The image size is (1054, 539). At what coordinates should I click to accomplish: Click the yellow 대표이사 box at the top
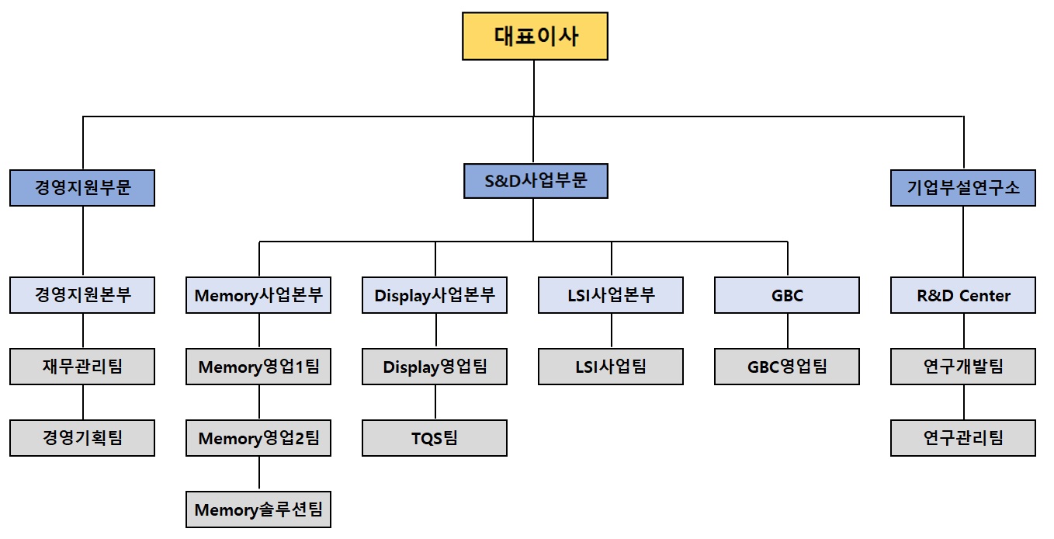click(x=535, y=37)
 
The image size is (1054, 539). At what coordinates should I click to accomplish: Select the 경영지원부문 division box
click(x=82, y=188)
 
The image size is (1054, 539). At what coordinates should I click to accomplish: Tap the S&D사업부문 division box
click(x=535, y=181)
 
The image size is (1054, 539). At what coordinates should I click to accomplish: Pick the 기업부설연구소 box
click(x=962, y=188)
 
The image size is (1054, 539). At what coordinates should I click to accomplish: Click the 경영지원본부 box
click(x=82, y=295)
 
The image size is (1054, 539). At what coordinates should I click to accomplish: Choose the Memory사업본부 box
click(x=258, y=295)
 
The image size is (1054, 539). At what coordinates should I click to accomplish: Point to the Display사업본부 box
click(x=435, y=295)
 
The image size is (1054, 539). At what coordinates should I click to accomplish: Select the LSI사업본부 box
click(x=611, y=295)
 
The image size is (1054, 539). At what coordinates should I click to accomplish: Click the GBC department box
click(x=787, y=295)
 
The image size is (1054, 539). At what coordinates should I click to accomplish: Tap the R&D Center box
click(x=962, y=295)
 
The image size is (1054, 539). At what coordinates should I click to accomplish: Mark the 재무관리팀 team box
click(x=82, y=367)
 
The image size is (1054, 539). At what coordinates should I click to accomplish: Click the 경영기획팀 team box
click(x=82, y=438)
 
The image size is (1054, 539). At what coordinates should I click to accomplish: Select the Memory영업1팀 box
click(x=258, y=367)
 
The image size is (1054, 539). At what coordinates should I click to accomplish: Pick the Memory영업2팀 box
click(x=258, y=438)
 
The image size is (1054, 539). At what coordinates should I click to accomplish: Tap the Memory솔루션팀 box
click(x=258, y=509)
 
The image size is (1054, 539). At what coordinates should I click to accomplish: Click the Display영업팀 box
click(x=435, y=367)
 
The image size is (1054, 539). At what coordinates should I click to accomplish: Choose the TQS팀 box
click(x=435, y=438)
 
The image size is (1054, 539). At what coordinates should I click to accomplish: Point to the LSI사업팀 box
click(x=611, y=367)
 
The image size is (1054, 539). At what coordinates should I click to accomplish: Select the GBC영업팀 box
click(x=787, y=367)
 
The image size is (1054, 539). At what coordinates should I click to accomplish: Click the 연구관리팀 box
click(x=962, y=438)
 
